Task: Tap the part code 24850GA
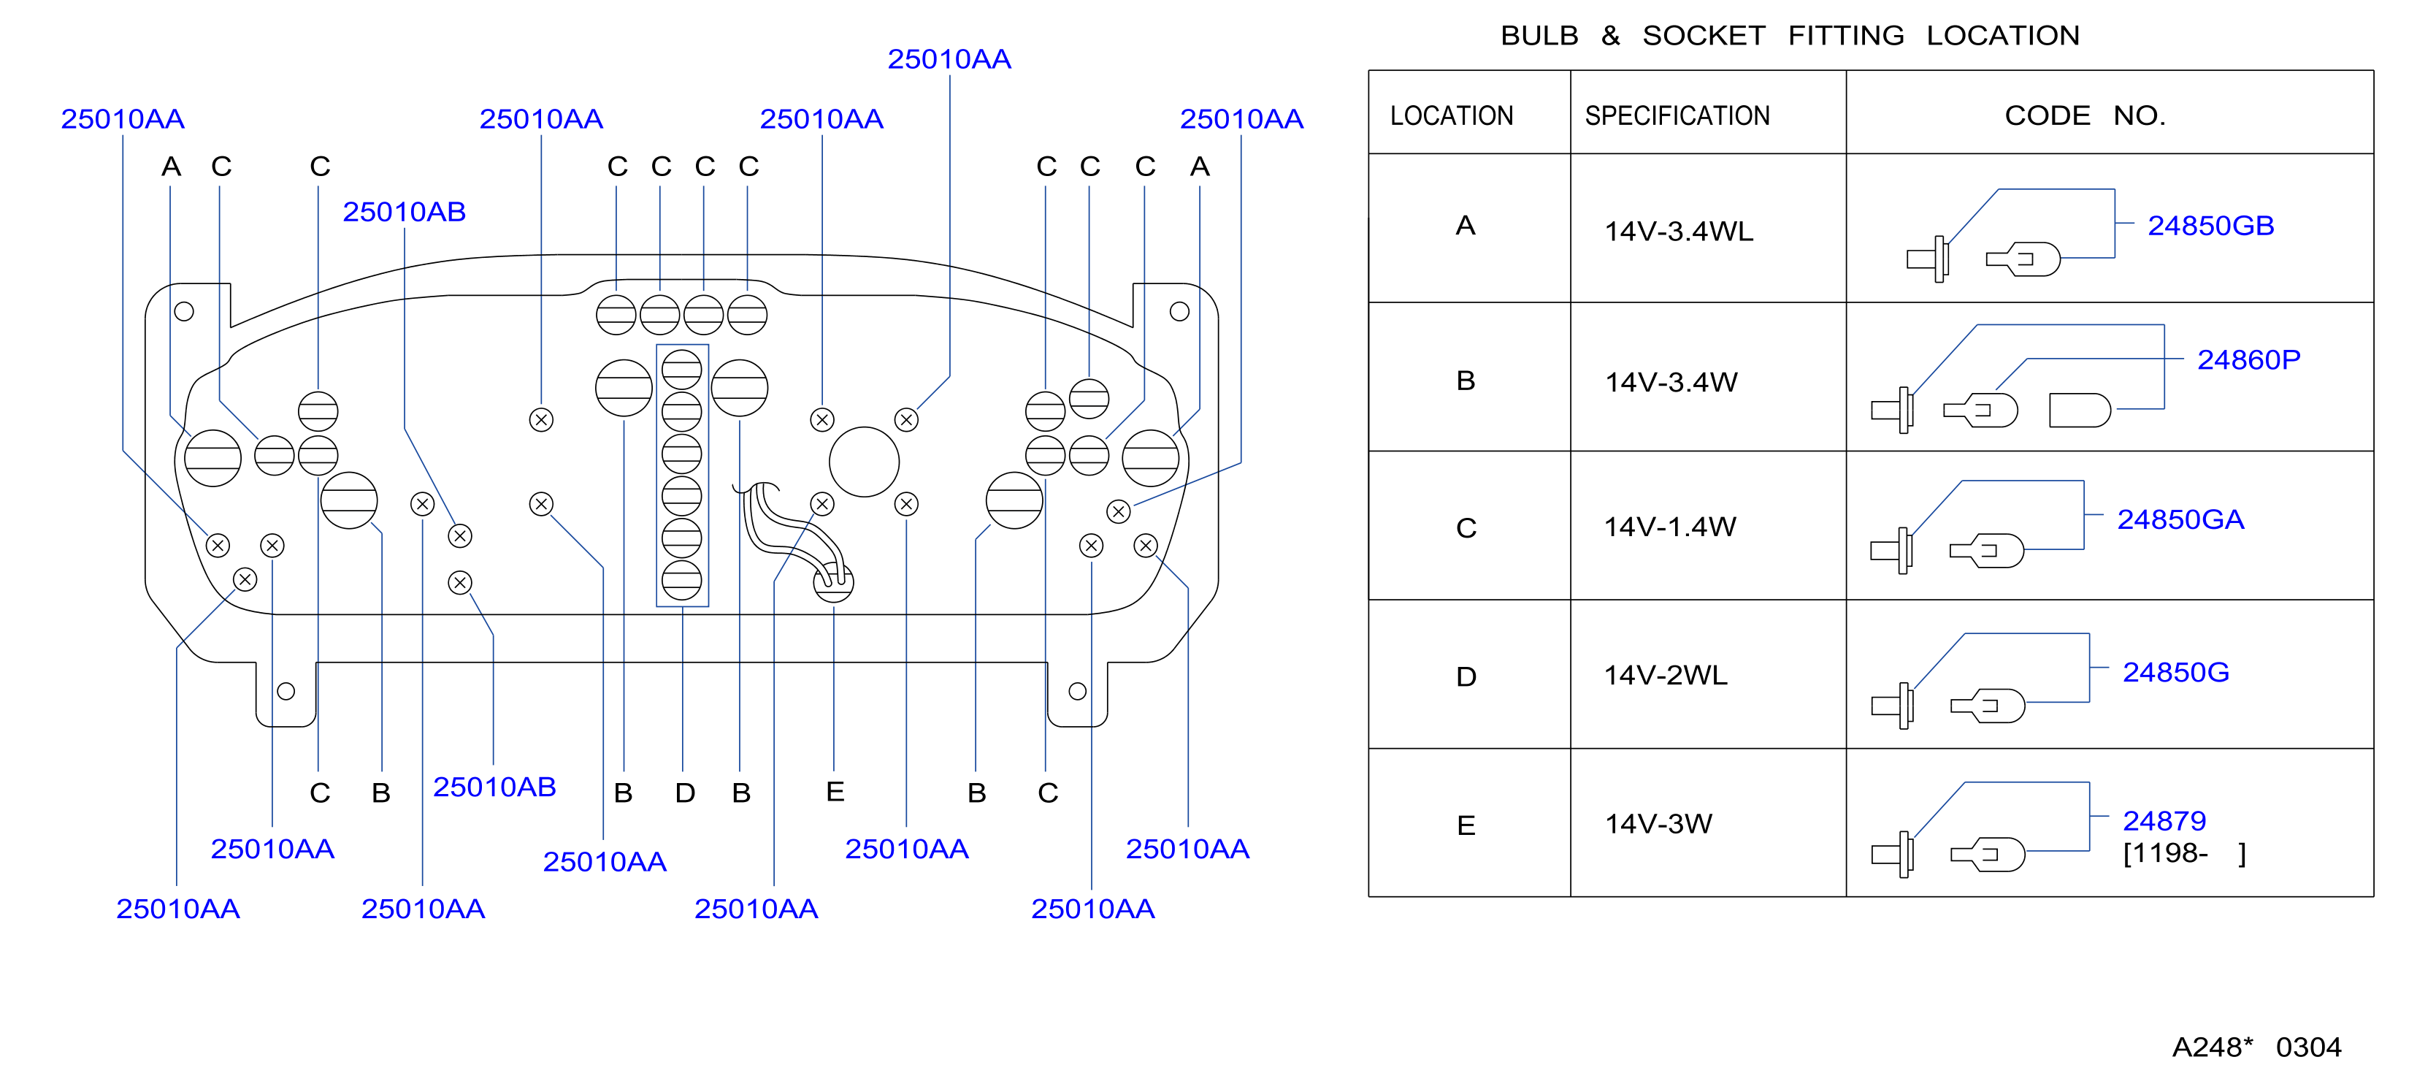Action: click(x=2180, y=520)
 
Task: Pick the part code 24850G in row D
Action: click(x=2175, y=673)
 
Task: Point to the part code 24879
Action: click(x=2164, y=821)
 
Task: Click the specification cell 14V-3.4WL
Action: click(x=1679, y=232)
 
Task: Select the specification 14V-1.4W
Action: click(x=1670, y=527)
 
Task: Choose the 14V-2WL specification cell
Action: click(x=1666, y=676)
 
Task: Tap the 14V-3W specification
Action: click(x=1658, y=824)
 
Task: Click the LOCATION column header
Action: click(x=1452, y=116)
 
